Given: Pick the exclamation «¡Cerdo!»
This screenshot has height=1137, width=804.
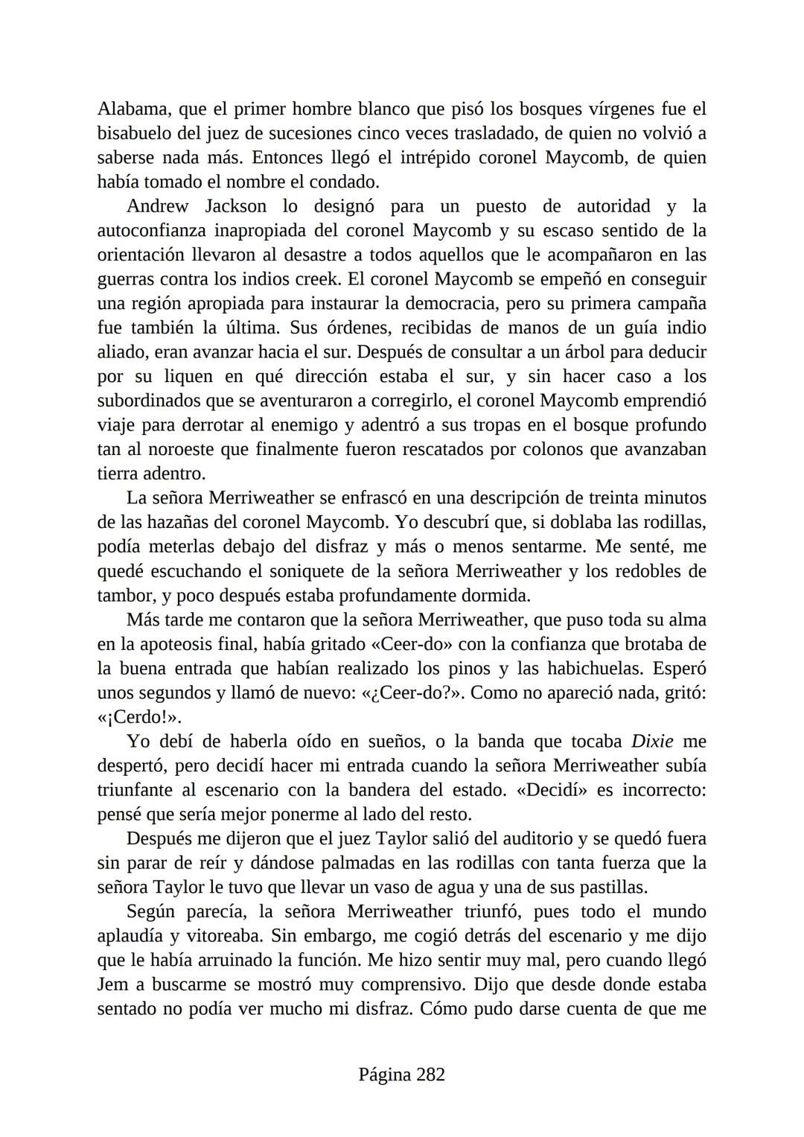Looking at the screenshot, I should tap(139, 717).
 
